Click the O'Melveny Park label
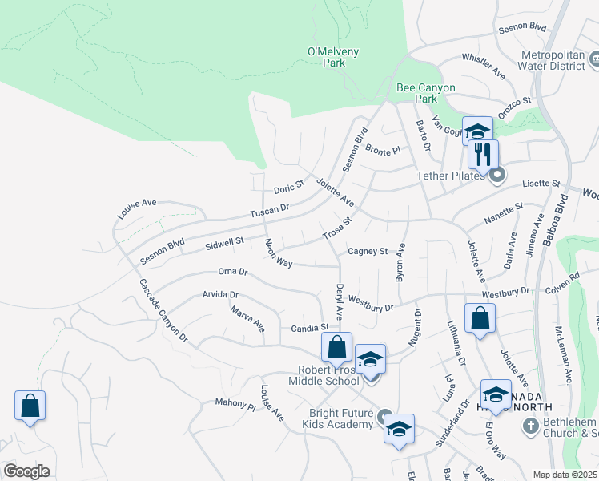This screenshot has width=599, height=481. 334,59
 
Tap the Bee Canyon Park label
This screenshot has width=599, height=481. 426,93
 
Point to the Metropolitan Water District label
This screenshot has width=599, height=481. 553,61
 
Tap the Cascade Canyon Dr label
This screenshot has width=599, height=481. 163,311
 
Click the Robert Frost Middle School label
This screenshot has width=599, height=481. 328,375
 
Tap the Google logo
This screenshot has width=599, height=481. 26,471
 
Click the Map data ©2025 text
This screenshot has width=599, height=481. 565,475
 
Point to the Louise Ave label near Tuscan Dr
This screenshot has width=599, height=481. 137,209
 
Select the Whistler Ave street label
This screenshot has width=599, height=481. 484,66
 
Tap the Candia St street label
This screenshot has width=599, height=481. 310,328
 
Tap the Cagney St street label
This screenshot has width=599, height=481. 367,251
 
